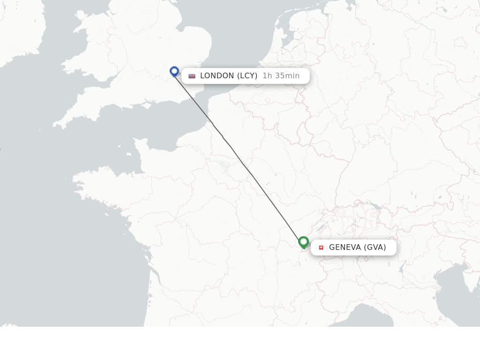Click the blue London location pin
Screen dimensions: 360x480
click(x=174, y=71)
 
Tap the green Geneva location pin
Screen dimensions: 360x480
click(x=303, y=242)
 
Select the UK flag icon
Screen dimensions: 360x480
click(x=192, y=76)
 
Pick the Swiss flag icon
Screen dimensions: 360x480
click(x=321, y=247)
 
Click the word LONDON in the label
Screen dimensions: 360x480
click(x=217, y=76)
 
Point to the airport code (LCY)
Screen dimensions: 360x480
click(x=247, y=76)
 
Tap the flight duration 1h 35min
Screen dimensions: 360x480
click(x=281, y=76)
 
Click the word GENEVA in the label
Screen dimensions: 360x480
click(x=345, y=247)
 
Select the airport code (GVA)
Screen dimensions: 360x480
click(x=375, y=247)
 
